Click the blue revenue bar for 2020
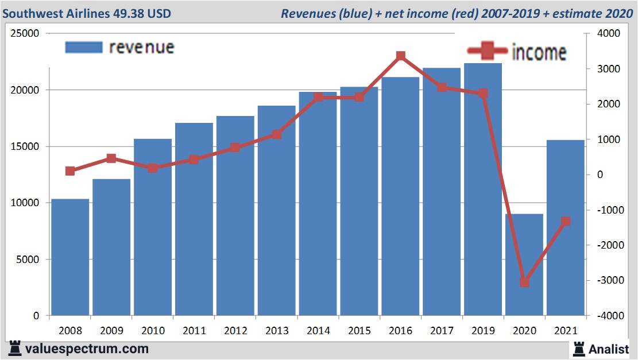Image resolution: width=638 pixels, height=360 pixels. [x=524, y=264]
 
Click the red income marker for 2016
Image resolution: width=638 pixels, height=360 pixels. [x=401, y=56]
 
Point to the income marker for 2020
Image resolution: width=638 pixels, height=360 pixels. [x=524, y=282]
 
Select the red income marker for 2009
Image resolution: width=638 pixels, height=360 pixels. [x=111, y=158]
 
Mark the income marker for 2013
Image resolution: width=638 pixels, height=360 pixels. [x=277, y=134]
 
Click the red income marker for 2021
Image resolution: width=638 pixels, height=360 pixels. [x=566, y=221]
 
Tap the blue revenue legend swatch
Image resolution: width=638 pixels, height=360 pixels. [x=84, y=47]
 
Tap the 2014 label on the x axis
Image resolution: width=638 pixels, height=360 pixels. [x=318, y=331]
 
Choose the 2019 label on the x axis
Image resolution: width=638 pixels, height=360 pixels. [x=483, y=331]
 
